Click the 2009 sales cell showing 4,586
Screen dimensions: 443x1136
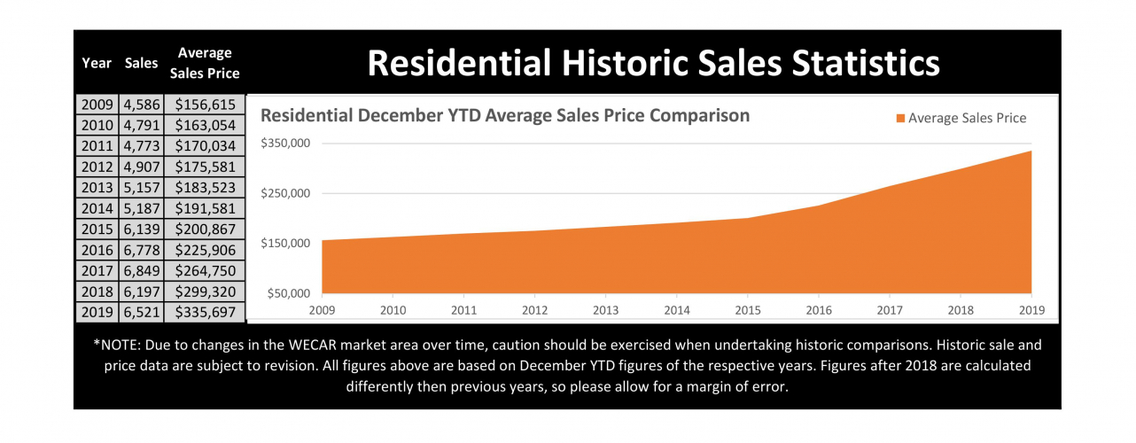141,105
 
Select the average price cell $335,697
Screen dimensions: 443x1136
205,312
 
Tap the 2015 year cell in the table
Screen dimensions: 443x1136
97,229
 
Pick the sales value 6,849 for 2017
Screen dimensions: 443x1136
141,270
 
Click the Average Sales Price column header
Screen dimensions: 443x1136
205,63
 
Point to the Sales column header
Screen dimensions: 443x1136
141,63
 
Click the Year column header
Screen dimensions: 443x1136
97,63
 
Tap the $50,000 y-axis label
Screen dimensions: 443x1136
286,293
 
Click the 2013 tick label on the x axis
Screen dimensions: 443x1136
605,309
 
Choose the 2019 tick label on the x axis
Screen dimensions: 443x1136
1031,309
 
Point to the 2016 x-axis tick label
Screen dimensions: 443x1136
818,309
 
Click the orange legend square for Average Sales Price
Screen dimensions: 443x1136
901,118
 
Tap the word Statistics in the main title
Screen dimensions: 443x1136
856,64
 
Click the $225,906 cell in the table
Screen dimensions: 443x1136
205,250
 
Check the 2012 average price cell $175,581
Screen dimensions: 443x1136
205,167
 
